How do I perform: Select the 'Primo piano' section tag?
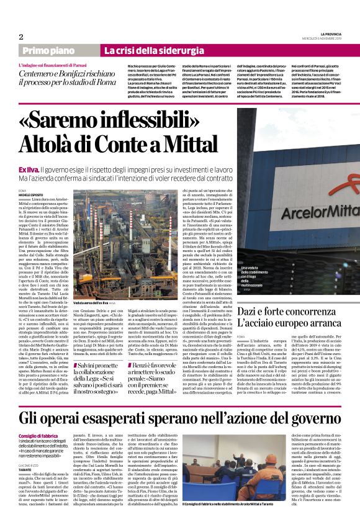47,50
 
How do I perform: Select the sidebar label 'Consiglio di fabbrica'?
38,437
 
